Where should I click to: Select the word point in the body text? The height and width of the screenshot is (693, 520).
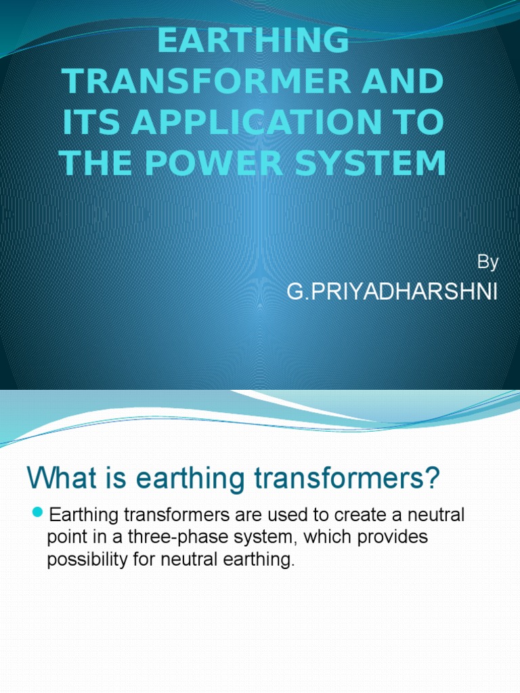tap(64, 538)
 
